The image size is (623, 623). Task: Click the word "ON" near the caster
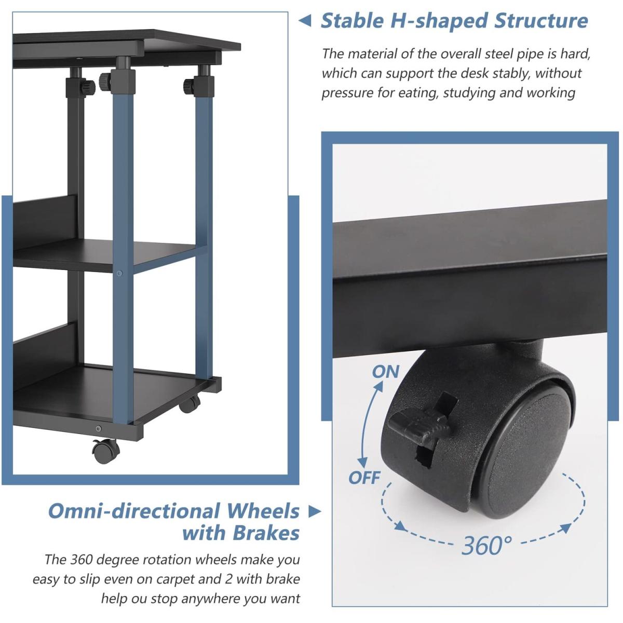point(386,372)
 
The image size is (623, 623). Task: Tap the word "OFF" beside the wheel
point(364,478)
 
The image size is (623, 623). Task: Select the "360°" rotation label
point(487,546)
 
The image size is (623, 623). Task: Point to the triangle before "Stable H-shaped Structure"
point(305,21)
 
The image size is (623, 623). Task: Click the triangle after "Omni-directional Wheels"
point(314,511)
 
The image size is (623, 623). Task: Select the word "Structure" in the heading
point(540,21)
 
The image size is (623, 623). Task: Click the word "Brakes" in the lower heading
point(266,533)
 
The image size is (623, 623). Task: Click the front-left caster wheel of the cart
point(105,450)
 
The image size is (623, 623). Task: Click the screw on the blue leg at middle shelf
point(119,274)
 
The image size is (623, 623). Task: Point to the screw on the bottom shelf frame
point(99,429)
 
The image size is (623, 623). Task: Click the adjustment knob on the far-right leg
point(189,86)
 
